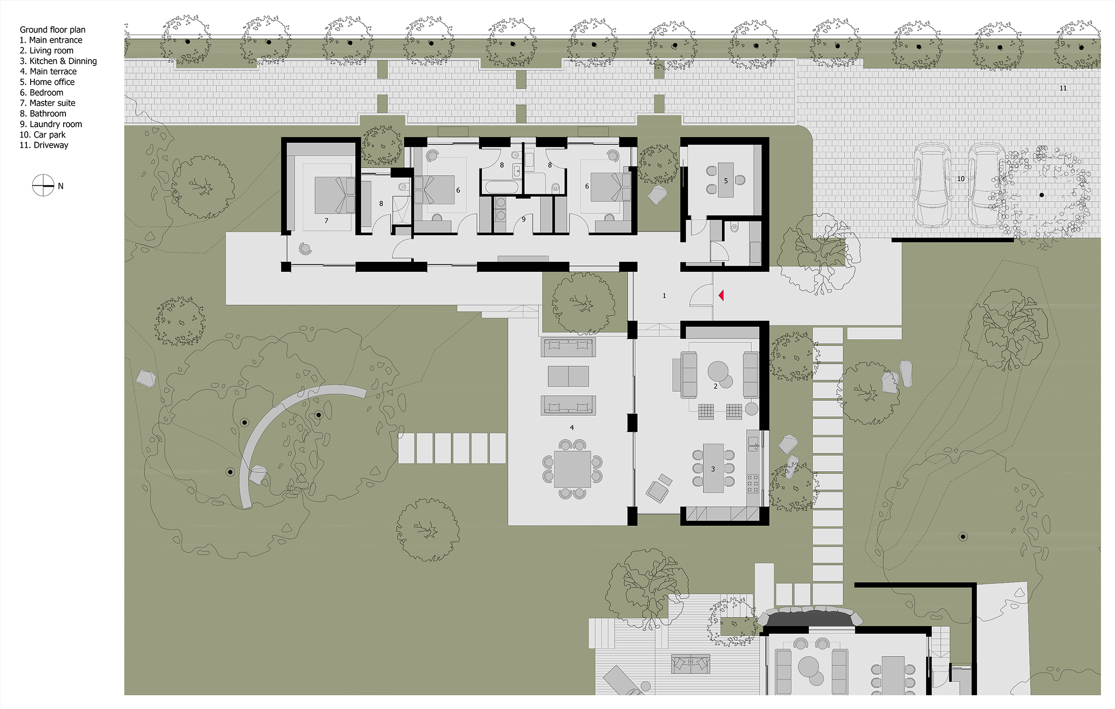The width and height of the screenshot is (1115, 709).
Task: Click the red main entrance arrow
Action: point(721,295)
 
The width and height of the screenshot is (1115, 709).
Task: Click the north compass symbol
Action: point(43,185)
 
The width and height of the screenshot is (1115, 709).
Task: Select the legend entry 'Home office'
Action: point(47,82)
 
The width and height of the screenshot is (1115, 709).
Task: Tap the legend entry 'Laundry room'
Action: point(51,124)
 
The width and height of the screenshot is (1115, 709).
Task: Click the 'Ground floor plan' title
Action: point(52,30)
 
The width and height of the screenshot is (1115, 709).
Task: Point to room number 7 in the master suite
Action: point(326,221)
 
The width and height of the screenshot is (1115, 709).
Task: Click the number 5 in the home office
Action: point(726,181)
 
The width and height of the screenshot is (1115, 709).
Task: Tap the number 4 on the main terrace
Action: point(572,427)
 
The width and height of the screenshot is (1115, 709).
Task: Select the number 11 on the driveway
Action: point(1063,88)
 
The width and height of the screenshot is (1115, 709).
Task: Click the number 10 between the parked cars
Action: point(961,178)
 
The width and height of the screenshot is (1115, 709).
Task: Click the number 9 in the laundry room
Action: point(524,219)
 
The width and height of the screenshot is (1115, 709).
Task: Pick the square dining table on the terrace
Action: point(572,469)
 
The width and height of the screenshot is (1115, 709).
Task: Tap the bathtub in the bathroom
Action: point(502,187)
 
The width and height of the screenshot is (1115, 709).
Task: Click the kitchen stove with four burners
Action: point(753,483)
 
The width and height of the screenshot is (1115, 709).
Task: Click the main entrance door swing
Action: point(701,295)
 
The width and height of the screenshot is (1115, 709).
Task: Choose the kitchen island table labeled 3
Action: point(714,468)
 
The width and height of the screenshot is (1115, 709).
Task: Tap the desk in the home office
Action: point(726,180)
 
